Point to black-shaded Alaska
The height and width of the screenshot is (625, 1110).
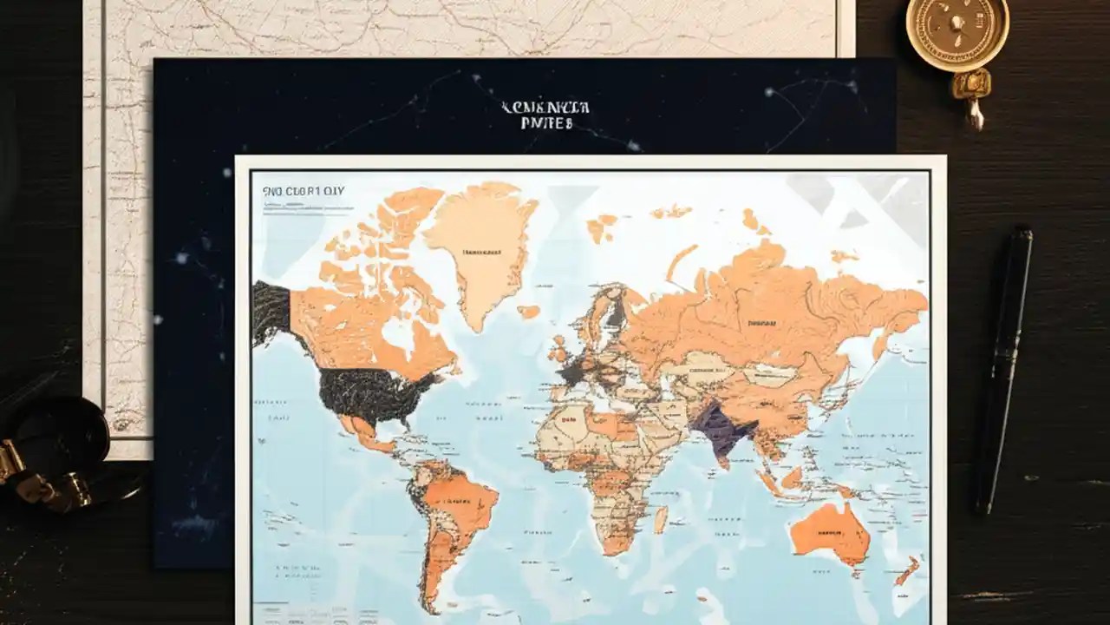271,311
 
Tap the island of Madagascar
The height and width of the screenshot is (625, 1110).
661,519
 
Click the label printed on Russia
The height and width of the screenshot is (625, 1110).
763,323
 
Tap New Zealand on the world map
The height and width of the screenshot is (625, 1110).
907,570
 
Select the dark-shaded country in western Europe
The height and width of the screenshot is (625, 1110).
571,372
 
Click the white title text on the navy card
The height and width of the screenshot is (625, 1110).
545,115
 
